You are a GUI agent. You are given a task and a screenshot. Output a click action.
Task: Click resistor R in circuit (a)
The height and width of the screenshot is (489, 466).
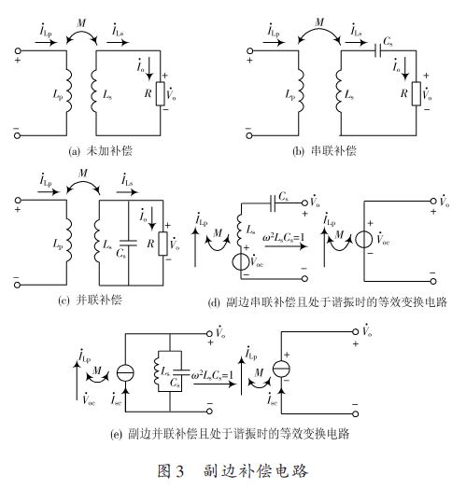pyautogui.click(x=160, y=93)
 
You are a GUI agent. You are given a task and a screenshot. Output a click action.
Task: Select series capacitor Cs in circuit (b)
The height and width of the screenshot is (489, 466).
pyautogui.click(x=378, y=50)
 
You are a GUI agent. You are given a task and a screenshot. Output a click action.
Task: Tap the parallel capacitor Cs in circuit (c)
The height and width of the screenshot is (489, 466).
pyautogui.click(x=128, y=243)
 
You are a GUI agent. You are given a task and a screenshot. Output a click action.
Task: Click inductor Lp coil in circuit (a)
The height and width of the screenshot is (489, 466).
pyautogui.click(x=68, y=91)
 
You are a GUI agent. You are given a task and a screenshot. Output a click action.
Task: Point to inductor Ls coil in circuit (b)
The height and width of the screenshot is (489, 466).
pyautogui.click(x=339, y=91)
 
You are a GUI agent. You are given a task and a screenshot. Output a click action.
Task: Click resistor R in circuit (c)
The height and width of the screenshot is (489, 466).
pyautogui.click(x=162, y=244)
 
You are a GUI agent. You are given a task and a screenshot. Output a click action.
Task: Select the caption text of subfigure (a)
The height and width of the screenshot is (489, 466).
pyautogui.click(x=100, y=151)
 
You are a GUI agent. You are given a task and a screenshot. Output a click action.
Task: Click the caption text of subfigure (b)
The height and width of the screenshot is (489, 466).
pyautogui.click(x=324, y=151)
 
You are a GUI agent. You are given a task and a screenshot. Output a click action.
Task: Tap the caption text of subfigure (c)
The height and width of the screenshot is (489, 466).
pyautogui.click(x=90, y=300)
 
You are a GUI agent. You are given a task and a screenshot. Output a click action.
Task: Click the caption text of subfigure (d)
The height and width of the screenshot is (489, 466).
pyautogui.click(x=328, y=302)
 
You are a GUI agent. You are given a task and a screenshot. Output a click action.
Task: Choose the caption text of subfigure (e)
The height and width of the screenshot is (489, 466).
pyautogui.click(x=230, y=434)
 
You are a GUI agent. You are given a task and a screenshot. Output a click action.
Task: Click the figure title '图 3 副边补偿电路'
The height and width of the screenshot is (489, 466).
pyautogui.click(x=233, y=471)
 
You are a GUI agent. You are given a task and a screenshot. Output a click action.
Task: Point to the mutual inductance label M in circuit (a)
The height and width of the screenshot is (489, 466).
pyautogui.click(x=81, y=23)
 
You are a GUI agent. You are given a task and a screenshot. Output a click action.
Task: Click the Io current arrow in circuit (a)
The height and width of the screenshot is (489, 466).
pyautogui.click(x=149, y=68)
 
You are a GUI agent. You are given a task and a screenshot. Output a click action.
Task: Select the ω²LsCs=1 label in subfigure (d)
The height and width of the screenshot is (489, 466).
pyautogui.click(x=283, y=238)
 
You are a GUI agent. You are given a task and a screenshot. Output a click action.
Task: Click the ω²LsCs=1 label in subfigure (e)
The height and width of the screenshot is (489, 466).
pyautogui.click(x=212, y=374)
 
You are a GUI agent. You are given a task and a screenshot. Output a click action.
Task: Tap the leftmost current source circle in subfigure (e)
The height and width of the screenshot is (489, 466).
pyautogui.click(x=125, y=372)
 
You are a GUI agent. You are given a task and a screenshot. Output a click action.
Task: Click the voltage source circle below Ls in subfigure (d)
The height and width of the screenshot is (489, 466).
pyautogui.click(x=241, y=262)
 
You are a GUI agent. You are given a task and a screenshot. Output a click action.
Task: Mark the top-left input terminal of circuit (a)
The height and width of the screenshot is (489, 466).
pyautogui.click(x=18, y=50)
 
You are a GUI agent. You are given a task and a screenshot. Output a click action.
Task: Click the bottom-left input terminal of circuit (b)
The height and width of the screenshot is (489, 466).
pyautogui.click(x=249, y=135)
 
